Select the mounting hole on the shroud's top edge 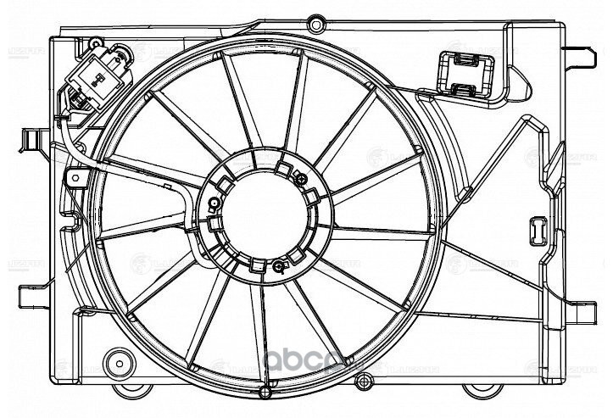(315, 20)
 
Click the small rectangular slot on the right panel (538, 228)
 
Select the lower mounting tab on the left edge (30, 297)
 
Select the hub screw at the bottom (279, 270)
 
